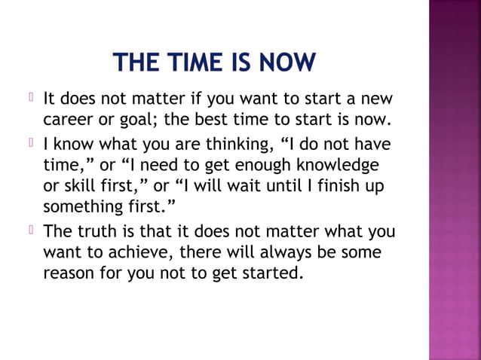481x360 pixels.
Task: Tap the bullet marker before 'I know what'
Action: pos(32,142)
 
